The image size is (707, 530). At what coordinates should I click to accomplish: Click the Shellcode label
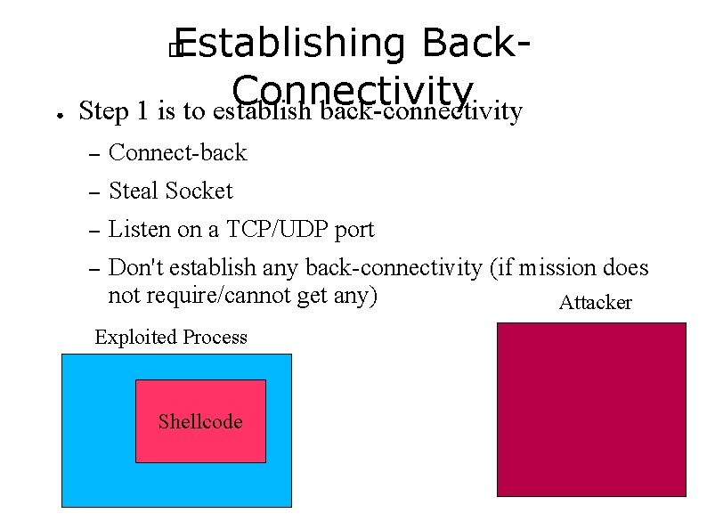tap(200, 421)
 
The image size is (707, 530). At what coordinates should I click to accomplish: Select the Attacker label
tap(595, 303)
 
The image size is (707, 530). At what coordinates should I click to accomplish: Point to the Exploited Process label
tap(171, 337)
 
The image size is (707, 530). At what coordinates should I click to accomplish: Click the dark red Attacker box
tap(591, 409)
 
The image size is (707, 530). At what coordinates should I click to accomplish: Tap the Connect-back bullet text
tap(177, 153)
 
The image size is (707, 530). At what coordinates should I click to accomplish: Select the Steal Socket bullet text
tap(170, 191)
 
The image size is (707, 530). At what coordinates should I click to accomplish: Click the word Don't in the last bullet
tap(135, 267)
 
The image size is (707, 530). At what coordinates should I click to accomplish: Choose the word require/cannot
tap(215, 295)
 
